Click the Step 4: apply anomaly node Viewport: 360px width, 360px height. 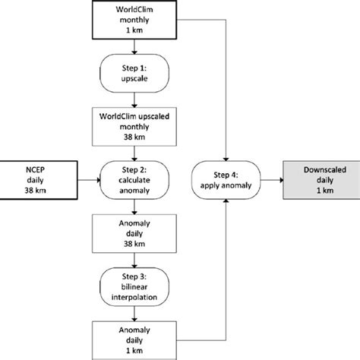tap(227, 180)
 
